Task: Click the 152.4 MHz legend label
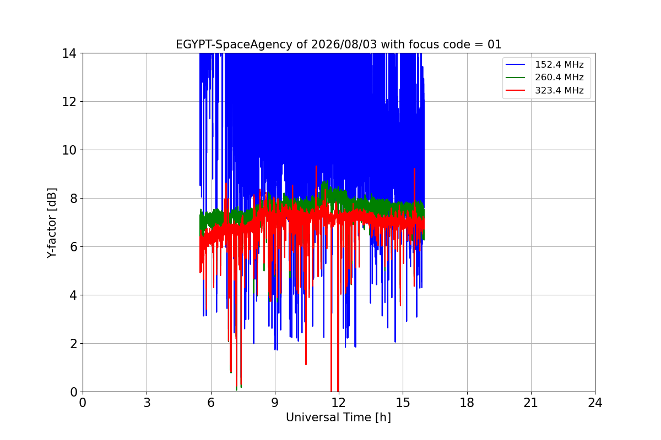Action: point(559,64)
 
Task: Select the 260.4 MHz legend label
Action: point(559,77)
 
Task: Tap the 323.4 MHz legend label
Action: point(559,90)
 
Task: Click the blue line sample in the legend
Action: point(515,64)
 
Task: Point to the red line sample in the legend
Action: point(515,90)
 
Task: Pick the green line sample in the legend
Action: point(515,77)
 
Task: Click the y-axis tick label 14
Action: point(69,53)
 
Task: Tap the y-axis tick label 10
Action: point(69,150)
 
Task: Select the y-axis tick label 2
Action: point(73,344)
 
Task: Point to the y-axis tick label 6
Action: point(73,247)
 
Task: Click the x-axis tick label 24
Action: point(595,403)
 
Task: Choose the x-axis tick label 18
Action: point(467,403)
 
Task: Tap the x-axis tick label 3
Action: point(147,403)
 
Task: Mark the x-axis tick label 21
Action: point(531,403)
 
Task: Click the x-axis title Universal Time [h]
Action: point(338,417)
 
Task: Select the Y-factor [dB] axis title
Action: point(52,223)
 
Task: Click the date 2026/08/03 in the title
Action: point(344,45)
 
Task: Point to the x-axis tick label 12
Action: point(339,403)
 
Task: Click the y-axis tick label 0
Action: point(73,392)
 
